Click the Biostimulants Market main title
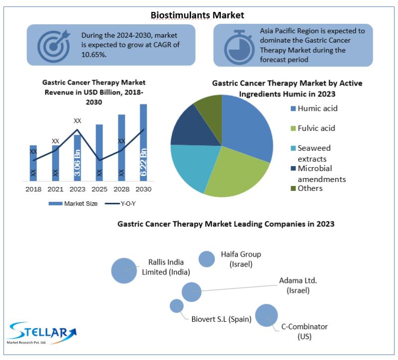197,15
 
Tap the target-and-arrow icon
54,46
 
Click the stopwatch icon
239,47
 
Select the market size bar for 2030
143,143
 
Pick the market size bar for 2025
99,153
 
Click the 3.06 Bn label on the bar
78,163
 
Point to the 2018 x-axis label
33,189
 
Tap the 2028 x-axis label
121,189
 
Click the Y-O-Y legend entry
120,204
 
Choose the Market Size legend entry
73,204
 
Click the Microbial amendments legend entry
318,174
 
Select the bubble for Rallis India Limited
124,270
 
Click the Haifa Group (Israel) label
241,259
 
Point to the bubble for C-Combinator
266,315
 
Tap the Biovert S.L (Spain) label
221,319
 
